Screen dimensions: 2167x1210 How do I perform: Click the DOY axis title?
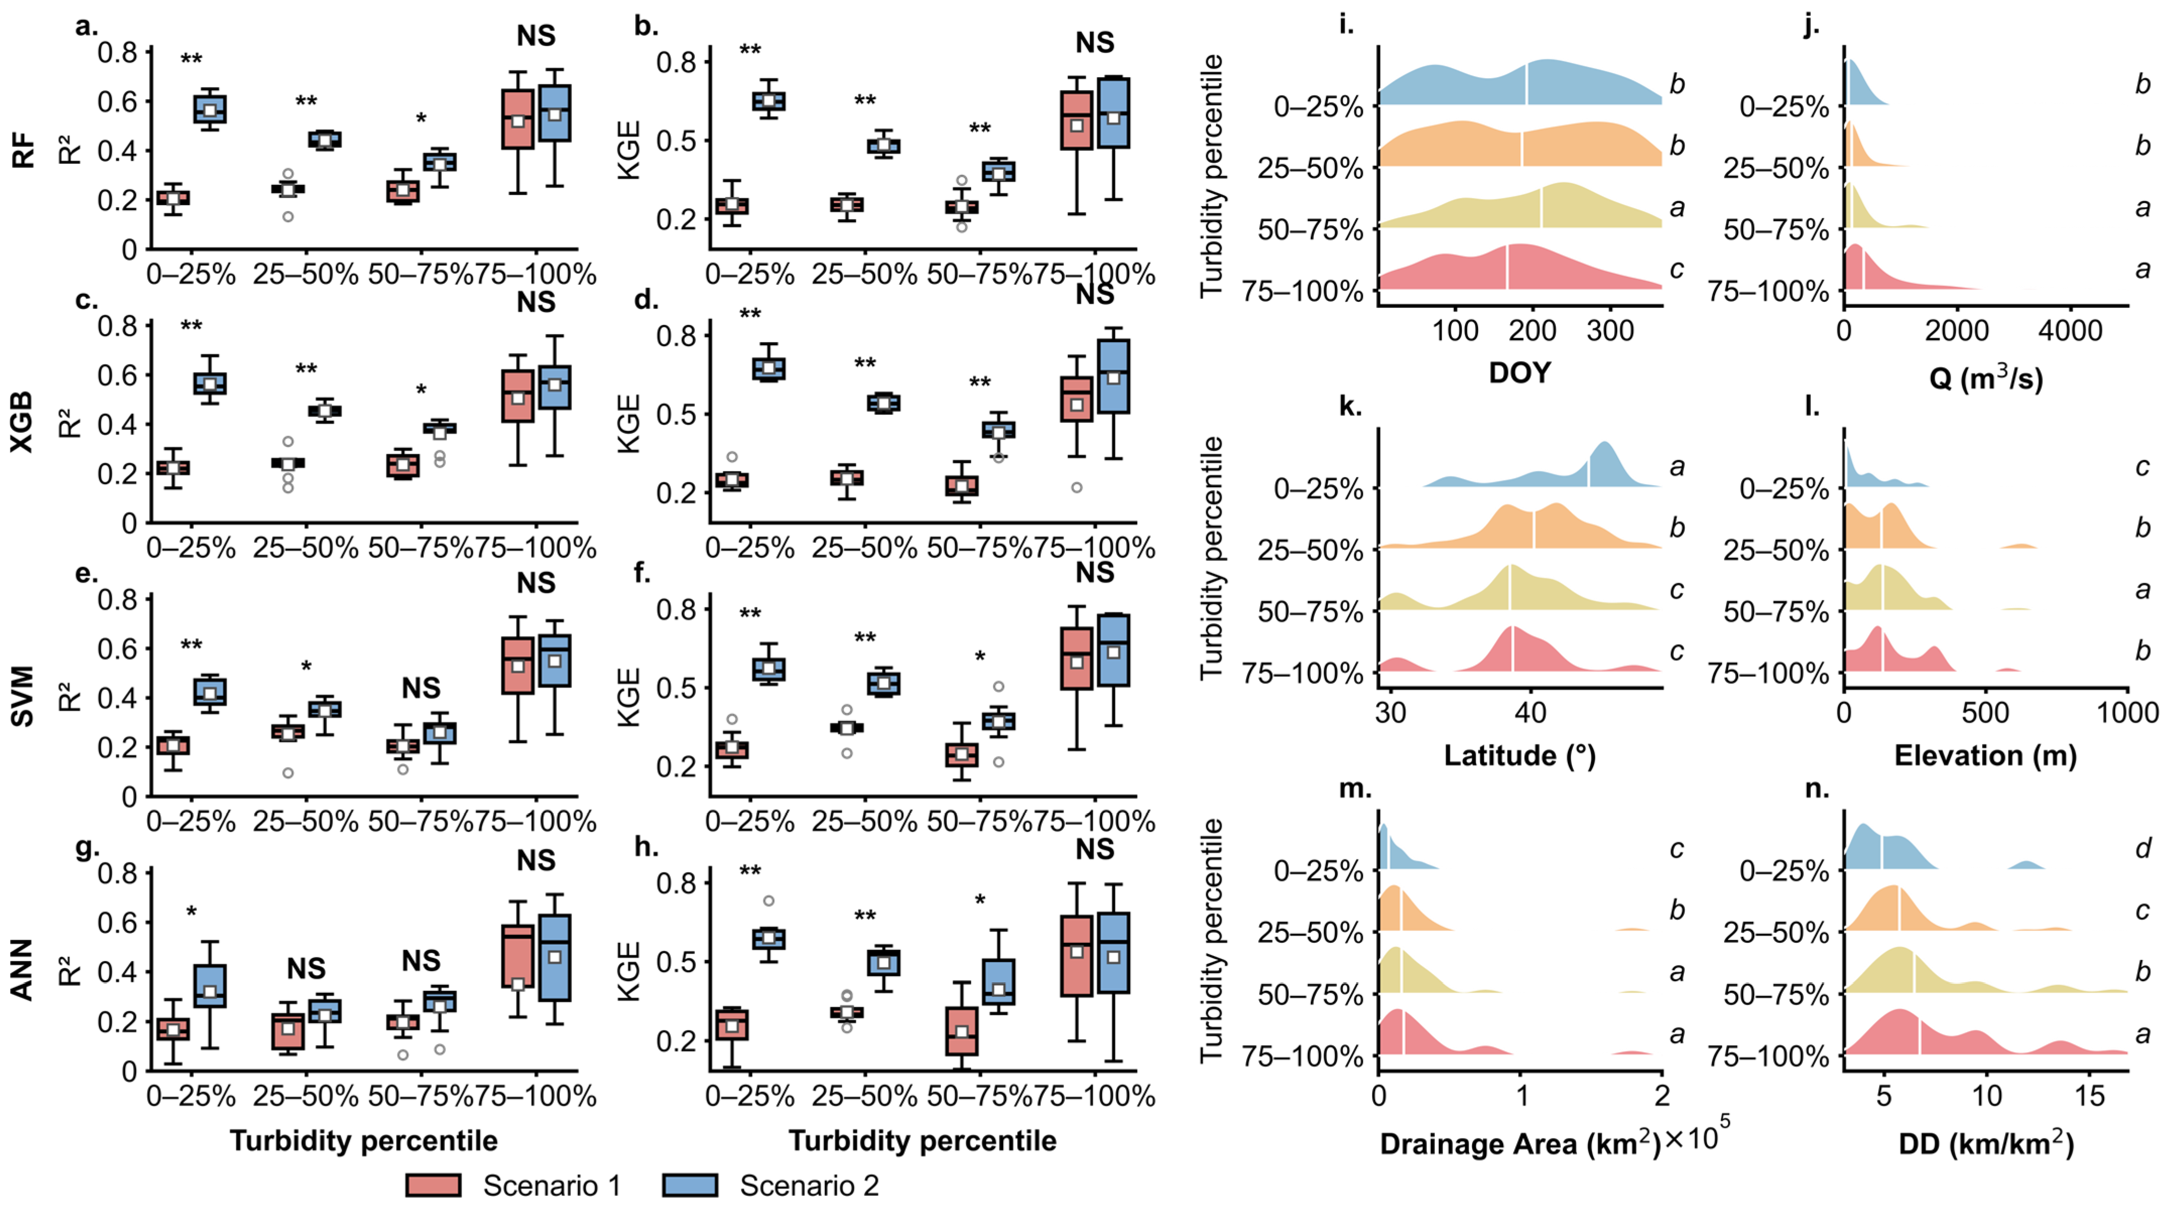[x=1519, y=373]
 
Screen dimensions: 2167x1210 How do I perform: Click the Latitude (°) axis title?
[x=1519, y=755]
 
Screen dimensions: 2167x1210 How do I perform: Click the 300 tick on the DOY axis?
[x=1610, y=331]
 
